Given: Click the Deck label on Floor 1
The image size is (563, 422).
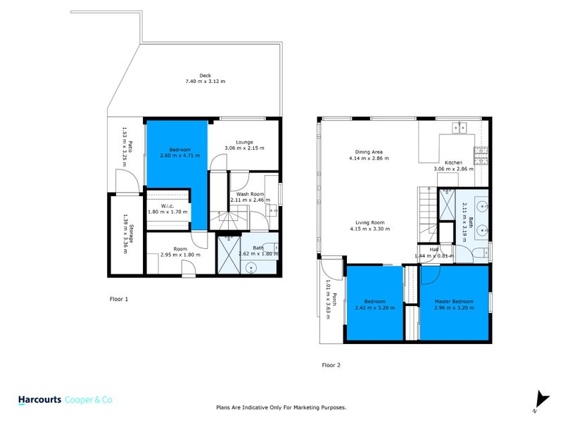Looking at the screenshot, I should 205,75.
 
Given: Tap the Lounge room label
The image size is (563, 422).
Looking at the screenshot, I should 244,141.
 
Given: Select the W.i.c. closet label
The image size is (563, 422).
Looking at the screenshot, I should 167,205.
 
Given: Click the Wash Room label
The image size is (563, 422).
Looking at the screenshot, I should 250,194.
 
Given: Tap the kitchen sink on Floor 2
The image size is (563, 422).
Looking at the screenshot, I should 459,127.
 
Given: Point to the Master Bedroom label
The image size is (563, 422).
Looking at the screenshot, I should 454,301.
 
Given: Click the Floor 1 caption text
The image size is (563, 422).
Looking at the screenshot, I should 119,299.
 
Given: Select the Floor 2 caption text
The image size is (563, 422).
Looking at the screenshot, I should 331,365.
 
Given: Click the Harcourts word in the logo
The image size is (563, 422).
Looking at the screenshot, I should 39,399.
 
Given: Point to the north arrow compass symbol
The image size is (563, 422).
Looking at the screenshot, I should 539,400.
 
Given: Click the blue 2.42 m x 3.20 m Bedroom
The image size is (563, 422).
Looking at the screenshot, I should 374,304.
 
